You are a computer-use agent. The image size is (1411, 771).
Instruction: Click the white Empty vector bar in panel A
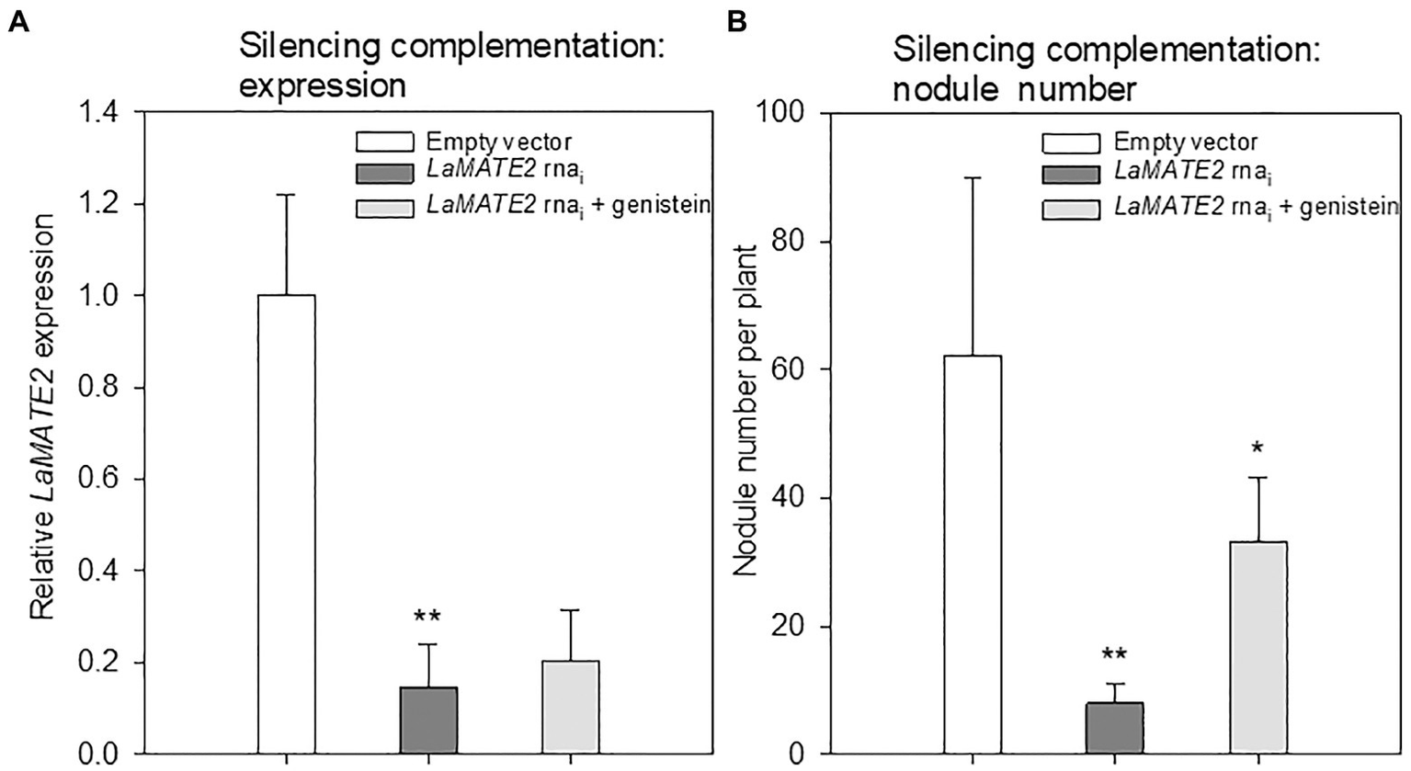pyautogui.click(x=286, y=524)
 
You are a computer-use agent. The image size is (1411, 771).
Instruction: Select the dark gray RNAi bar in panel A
pyautogui.click(x=428, y=721)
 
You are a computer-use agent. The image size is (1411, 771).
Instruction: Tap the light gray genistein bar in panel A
pyautogui.click(x=571, y=708)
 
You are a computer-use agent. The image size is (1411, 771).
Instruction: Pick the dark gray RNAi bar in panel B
pyautogui.click(x=1115, y=729)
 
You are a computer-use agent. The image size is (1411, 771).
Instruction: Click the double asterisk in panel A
pyautogui.click(x=427, y=617)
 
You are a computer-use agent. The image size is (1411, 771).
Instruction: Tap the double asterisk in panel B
pyautogui.click(x=1115, y=656)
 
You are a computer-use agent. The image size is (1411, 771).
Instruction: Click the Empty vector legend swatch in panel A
pyautogui.click(x=385, y=142)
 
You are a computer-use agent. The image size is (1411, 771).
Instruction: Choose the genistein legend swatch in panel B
pyautogui.click(x=1072, y=209)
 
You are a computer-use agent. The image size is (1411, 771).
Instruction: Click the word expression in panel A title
pyautogui.click(x=322, y=85)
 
